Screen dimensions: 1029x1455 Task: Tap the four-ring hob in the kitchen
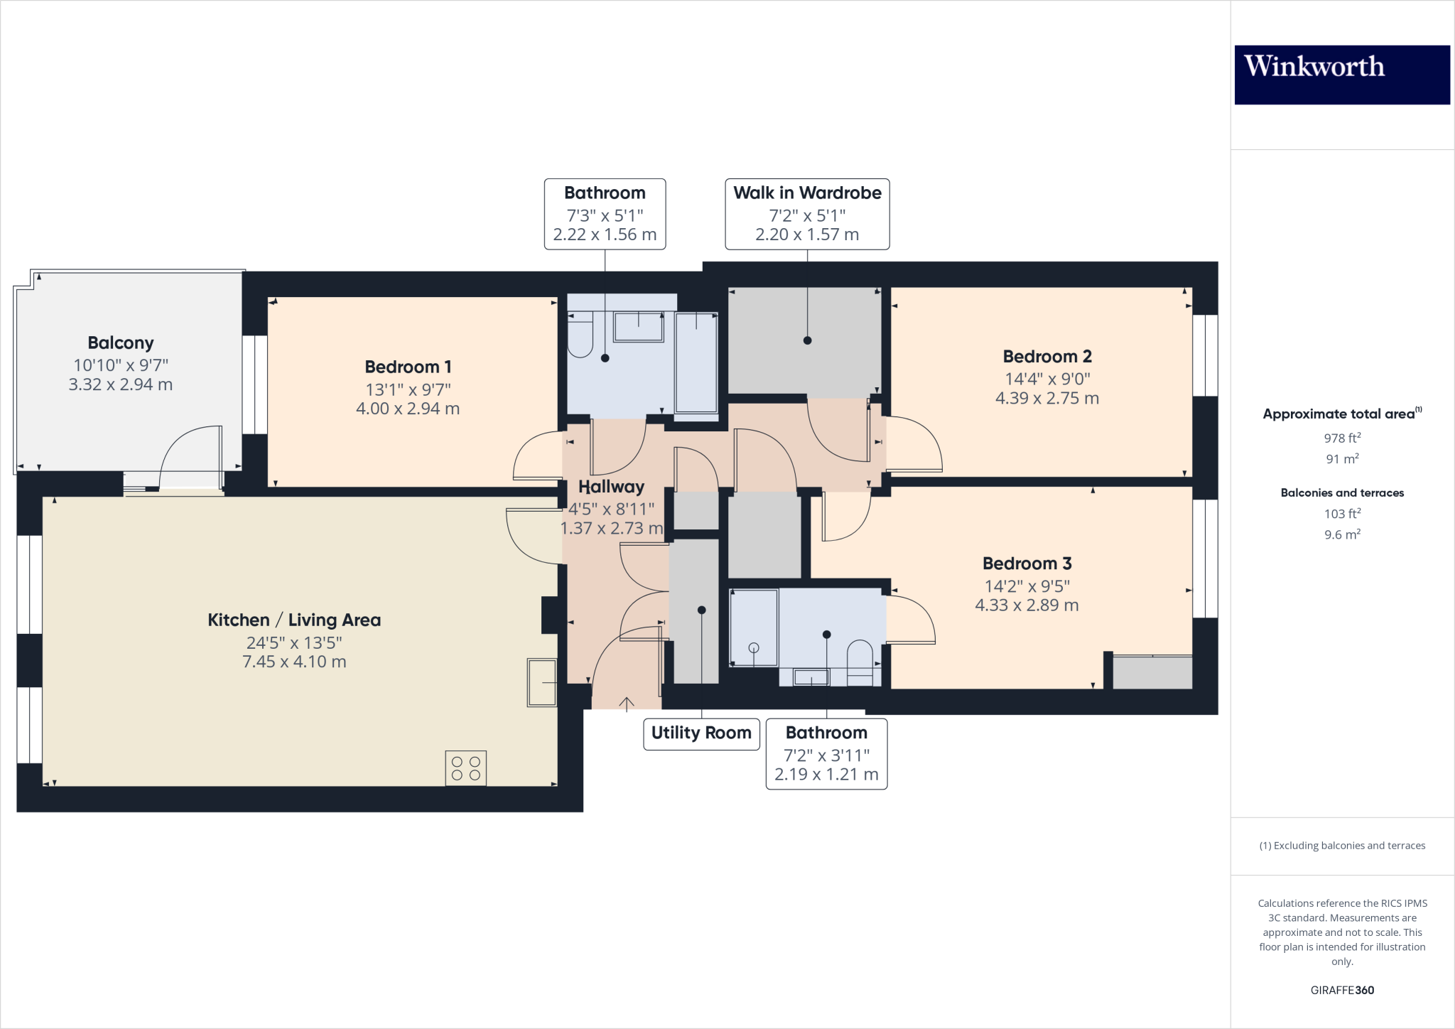tap(466, 768)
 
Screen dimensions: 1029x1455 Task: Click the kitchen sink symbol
tap(541, 682)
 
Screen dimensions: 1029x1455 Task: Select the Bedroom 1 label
tap(408, 367)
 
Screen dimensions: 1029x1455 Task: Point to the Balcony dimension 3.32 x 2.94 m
tap(121, 384)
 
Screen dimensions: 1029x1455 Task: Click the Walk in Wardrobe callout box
tap(807, 214)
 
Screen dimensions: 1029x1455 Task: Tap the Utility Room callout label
tap(701, 733)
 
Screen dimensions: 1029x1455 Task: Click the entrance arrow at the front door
tap(627, 704)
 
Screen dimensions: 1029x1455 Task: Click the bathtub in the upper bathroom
tap(696, 362)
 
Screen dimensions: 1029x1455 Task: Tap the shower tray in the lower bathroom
tap(754, 627)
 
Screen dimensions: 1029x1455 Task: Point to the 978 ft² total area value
tap(1342, 438)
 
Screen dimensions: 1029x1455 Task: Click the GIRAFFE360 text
tap(1342, 990)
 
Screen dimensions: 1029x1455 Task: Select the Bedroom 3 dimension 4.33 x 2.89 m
tap(1027, 605)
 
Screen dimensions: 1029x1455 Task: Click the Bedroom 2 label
tap(1047, 357)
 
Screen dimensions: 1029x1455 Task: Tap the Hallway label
tap(611, 487)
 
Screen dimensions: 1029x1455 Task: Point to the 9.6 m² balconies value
tap(1342, 534)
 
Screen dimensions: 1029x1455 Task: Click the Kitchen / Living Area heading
tap(294, 620)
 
